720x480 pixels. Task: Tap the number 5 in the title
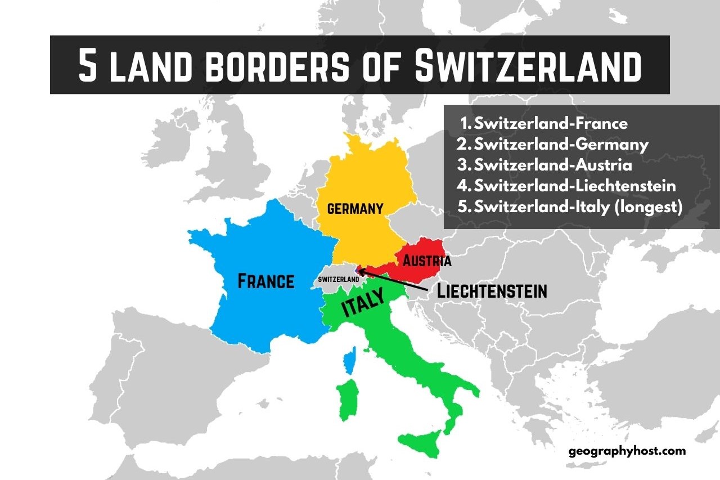[88, 65]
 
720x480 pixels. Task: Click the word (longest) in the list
[649, 207]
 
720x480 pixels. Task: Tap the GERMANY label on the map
[355, 209]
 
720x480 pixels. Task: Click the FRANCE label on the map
[266, 281]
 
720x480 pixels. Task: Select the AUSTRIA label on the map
[426, 261]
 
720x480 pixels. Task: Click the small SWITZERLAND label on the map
[338, 279]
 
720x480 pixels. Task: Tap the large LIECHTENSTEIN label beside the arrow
[492, 291]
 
